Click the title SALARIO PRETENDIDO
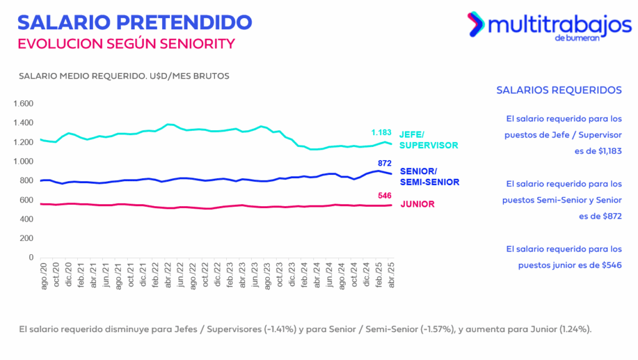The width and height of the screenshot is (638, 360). coord(135,22)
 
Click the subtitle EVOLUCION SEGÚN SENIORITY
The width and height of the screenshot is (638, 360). coord(126,44)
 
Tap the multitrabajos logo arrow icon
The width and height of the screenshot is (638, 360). coord(476,24)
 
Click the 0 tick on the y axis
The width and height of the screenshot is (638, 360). coord(31,257)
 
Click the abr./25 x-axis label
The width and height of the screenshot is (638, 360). coord(391,277)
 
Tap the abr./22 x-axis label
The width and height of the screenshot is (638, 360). coord(169,277)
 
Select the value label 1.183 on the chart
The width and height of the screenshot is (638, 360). coord(381,133)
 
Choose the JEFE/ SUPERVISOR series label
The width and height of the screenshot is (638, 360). coord(429,139)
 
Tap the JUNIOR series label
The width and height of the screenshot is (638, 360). coord(417,204)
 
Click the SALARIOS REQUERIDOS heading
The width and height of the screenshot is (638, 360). coord(559,90)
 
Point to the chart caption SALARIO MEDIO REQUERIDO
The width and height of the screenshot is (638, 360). coord(83,76)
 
